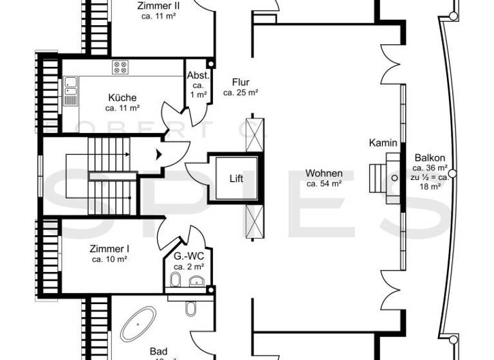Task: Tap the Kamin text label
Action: coord(383,143)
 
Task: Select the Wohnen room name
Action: coord(324,174)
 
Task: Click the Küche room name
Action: coord(122,98)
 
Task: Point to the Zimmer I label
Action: coord(109,248)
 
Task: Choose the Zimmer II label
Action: coord(158,6)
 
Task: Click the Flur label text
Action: coord(241,82)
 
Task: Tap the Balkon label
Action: coord(430,158)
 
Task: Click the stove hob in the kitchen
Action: coord(120,67)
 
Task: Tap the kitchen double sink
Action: coord(70,91)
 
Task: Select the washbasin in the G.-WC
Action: coord(196,280)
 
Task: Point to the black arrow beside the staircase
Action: coord(158,154)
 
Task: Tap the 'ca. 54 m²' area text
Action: coord(324,184)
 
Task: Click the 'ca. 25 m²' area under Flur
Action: coord(241,93)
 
